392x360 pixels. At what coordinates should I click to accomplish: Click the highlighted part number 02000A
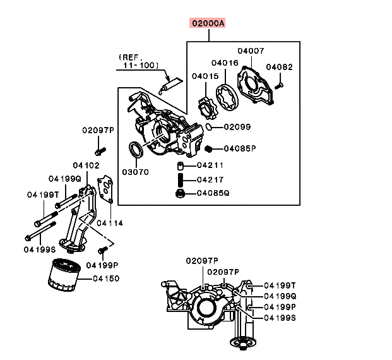[208, 24]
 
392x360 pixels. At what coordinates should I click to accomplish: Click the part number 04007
[251, 51]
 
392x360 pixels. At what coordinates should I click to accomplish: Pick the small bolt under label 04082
[282, 83]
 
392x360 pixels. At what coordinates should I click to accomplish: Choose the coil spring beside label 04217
[180, 179]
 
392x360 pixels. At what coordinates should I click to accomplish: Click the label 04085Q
[212, 193]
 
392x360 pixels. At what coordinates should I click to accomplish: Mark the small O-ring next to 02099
[208, 127]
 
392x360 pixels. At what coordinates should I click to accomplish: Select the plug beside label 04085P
[208, 148]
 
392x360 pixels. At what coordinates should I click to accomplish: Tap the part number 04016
[224, 63]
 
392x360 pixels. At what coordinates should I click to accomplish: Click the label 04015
[205, 76]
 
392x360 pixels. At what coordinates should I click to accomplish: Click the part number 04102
[86, 166]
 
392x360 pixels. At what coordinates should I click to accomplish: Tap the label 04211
[210, 165]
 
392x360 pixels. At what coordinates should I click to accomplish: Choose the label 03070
[135, 171]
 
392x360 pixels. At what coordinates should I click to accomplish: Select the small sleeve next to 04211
[180, 166]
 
